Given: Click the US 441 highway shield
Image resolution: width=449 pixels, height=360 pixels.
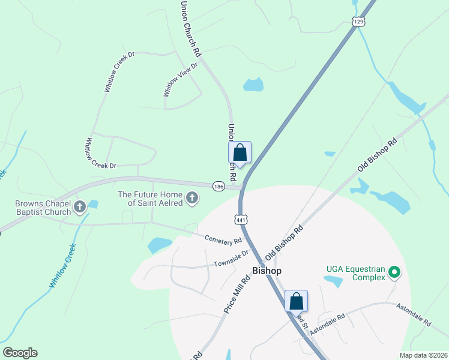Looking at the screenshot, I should tap(241, 220).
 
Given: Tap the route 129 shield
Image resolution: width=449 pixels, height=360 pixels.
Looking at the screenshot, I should tap(358, 21).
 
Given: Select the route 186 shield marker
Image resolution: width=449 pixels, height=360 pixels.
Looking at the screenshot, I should tap(219, 187).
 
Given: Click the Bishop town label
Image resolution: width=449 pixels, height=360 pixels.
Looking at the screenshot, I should tap(267, 271).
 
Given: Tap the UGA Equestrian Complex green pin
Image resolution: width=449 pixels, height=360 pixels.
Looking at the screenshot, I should tap(394, 272).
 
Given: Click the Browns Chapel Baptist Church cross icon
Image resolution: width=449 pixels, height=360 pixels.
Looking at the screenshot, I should tap(80, 208).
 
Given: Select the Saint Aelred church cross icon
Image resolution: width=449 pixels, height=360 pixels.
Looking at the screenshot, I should tap(192, 198).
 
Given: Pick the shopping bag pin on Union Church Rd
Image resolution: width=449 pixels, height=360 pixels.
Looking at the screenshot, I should tap(240, 152).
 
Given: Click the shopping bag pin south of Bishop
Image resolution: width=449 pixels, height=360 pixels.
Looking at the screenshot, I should tap(296, 301).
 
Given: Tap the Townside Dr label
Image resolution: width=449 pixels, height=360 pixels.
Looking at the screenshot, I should tap(231, 259).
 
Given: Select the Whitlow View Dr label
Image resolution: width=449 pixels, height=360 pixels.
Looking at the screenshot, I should tap(180, 79).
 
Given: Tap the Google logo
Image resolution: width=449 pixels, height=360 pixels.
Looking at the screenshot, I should tap(20, 353).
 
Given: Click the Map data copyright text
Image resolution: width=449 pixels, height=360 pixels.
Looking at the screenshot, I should tap(424, 355).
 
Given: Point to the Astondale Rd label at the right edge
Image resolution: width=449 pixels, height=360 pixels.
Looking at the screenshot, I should tap(414, 314).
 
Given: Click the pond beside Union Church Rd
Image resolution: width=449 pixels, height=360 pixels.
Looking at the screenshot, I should tap(253, 85).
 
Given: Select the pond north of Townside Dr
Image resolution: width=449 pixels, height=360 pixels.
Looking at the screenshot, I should tap(159, 245).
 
